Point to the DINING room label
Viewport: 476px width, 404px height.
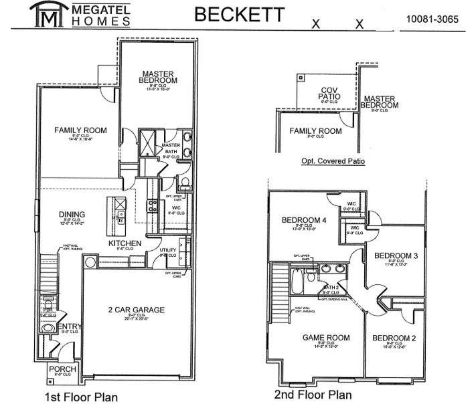pyautogui.click(x=72, y=215)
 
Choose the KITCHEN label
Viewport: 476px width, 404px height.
pyautogui.click(x=125, y=243)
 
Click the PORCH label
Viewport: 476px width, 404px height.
pyautogui.click(x=62, y=369)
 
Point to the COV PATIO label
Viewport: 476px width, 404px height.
pyautogui.click(x=329, y=93)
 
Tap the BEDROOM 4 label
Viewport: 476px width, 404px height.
pyautogui.click(x=305, y=220)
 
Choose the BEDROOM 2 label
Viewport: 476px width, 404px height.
pyautogui.click(x=394, y=338)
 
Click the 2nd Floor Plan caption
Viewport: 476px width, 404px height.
pyautogui.click(x=313, y=395)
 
